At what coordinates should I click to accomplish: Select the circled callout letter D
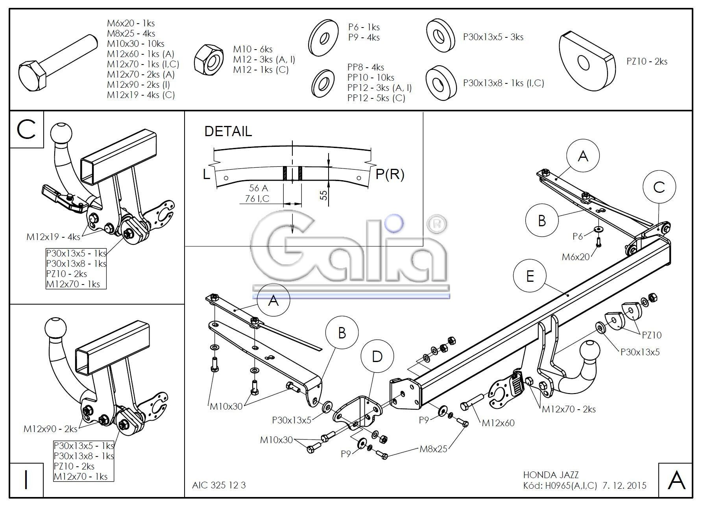pyautogui.click(x=377, y=357)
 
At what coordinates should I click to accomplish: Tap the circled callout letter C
pyautogui.click(x=659, y=187)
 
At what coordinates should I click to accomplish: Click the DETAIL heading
pyautogui.click(x=228, y=131)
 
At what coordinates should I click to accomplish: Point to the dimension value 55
pyautogui.click(x=323, y=195)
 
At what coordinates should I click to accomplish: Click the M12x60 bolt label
pyautogui.click(x=498, y=423)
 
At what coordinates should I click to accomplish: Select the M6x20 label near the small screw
pyautogui.click(x=576, y=257)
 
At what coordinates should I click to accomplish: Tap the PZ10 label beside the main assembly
pyautogui.click(x=652, y=335)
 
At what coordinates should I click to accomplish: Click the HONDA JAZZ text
pyautogui.click(x=551, y=475)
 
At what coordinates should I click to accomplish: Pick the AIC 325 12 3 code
pyautogui.click(x=219, y=485)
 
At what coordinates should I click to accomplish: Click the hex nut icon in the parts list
pyautogui.click(x=209, y=59)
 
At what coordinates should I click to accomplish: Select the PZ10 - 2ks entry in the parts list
pyautogui.click(x=647, y=61)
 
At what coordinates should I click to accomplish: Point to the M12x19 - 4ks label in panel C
pyautogui.click(x=54, y=237)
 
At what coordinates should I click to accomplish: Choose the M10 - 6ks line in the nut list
pyautogui.click(x=253, y=49)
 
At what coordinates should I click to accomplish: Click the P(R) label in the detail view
pyautogui.click(x=390, y=174)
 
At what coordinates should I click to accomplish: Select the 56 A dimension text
pyautogui.click(x=259, y=188)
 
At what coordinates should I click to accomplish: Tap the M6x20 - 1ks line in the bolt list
pyautogui.click(x=131, y=23)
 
